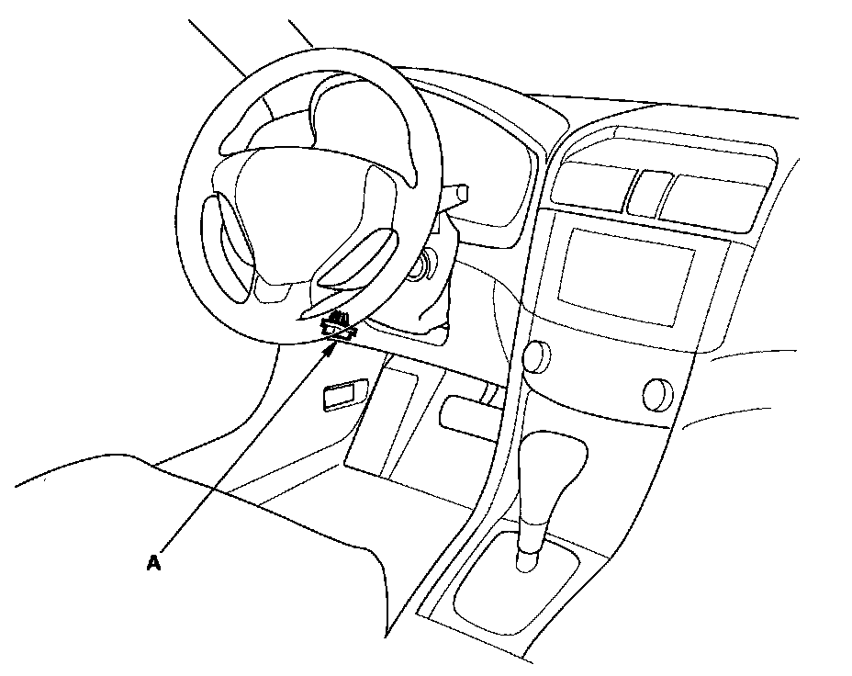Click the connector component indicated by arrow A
pos(339,326)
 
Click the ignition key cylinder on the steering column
pos(424,269)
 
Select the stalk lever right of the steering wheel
pos(456,194)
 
